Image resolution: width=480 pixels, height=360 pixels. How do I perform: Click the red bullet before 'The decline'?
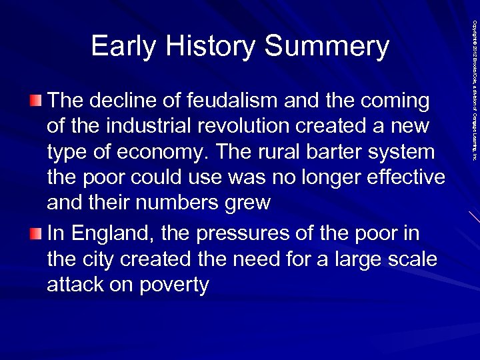[x=35, y=101]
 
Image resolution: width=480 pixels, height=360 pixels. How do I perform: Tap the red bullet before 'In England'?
[x=35, y=234]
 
